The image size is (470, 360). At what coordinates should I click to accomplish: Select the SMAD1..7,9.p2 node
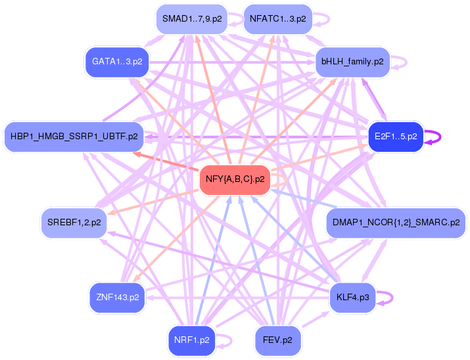click(192, 20)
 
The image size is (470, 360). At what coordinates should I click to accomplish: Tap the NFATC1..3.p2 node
click(278, 20)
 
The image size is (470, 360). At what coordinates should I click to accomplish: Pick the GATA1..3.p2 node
click(117, 62)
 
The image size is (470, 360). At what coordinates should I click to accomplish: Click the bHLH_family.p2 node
click(352, 62)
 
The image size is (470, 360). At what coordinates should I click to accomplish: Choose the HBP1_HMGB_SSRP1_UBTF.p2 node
click(74, 137)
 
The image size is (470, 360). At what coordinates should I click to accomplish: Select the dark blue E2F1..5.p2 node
click(396, 137)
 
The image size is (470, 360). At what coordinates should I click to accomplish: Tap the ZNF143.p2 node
click(117, 298)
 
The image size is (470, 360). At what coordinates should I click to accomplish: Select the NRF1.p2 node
click(192, 340)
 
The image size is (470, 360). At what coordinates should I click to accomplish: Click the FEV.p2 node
click(278, 340)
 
